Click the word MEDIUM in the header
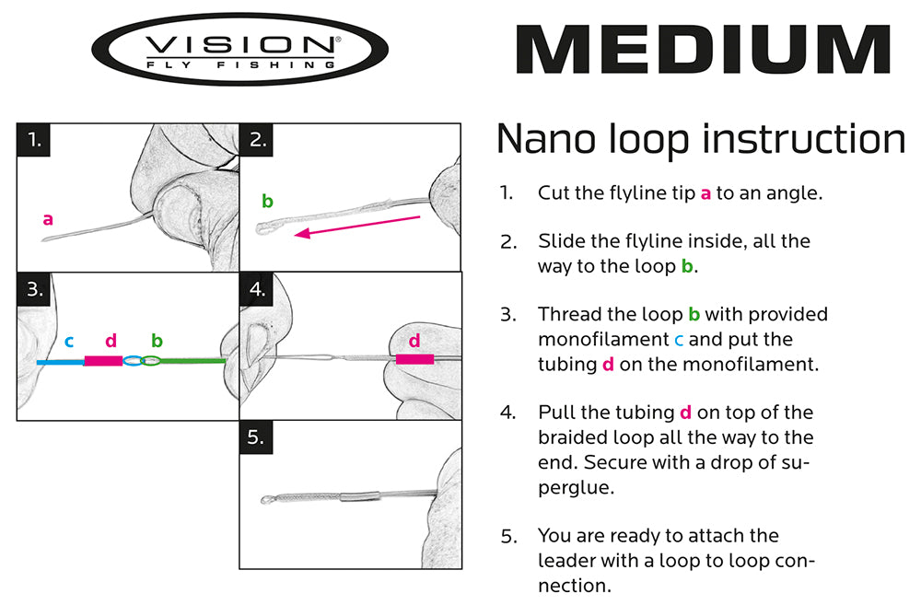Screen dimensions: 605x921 tap(702, 50)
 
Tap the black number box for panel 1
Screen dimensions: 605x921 tap(34, 140)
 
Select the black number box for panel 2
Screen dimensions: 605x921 tap(257, 140)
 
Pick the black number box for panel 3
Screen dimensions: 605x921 tap(34, 289)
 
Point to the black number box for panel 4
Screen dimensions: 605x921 tap(257, 289)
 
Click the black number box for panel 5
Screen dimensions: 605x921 tap(257, 438)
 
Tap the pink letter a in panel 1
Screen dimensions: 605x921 tap(48, 219)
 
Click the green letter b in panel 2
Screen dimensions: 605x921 tap(267, 201)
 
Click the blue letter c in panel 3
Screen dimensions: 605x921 tap(69, 342)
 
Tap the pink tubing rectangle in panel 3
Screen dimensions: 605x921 tap(103, 362)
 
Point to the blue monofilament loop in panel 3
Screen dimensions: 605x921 tap(134, 362)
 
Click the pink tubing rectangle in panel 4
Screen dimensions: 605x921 tap(414, 360)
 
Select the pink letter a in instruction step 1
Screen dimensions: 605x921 tap(705, 193)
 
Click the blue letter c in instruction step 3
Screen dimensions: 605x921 tap(678, 340)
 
